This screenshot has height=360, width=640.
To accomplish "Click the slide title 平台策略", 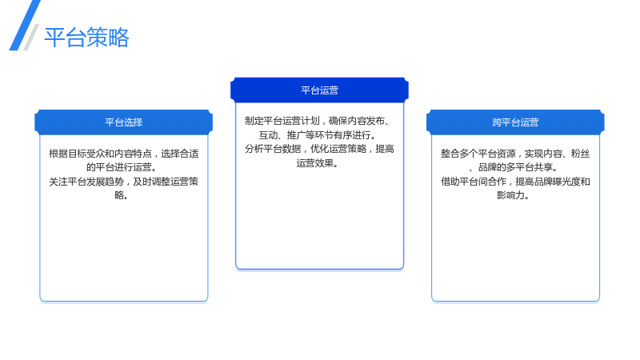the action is tap(86, 38).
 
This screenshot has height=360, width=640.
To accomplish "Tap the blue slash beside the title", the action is tap(25, 26).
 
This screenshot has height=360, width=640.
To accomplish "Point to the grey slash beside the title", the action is tap(31, 37).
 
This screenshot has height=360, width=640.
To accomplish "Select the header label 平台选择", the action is tap(124, 122).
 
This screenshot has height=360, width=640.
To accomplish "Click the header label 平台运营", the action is tap(319, 90).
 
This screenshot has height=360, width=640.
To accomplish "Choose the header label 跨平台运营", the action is tap(515, 122).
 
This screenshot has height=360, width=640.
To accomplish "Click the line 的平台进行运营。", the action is tap(122, 167).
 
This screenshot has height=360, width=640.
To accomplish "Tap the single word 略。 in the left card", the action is tap(122, 195).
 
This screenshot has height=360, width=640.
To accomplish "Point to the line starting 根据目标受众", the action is tap(124, 154).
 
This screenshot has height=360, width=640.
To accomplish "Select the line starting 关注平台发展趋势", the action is tap(124, 182).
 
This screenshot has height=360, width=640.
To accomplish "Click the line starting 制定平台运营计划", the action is tap(317, 121).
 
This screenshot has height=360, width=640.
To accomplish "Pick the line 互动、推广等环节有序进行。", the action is tap(318, 134).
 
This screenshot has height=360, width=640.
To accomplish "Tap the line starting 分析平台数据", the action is tap(319, 149).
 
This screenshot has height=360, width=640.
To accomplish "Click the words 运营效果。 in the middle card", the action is tap(318, 163).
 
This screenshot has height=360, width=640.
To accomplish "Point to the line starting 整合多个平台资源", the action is tap(515, 154).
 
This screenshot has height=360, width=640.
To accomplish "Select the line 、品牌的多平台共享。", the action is tap(514, 167).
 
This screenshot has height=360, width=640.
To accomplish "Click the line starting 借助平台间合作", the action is tap(515, 182).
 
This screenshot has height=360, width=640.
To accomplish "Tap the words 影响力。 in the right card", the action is tap(514, 195).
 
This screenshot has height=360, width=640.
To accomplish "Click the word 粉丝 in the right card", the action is tap(581, 154).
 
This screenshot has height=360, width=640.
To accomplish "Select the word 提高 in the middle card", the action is tap(385, 149).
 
